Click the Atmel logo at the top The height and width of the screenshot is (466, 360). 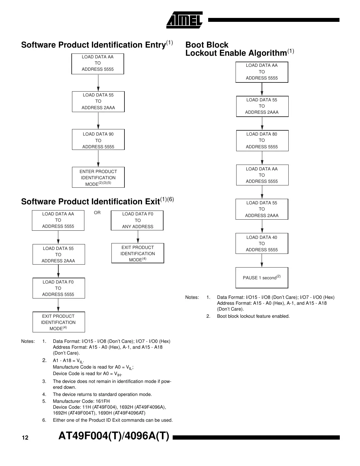click(x=184, y=20)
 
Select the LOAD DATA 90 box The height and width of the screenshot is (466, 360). click(x=98, y=140)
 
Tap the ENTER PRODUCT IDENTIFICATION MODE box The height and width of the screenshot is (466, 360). click(x=98, y=178)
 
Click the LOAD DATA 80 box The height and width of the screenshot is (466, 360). click(x=262, y=140)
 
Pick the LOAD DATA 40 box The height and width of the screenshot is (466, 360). click(x=262, y=243)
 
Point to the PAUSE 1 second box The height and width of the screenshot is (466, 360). click(x=262, y=278)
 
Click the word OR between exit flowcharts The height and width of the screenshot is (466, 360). click(x=97, y=213)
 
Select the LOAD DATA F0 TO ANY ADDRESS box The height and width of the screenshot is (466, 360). click(x=137, y=220)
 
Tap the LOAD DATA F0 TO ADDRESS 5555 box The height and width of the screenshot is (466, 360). click(x=58, y=288)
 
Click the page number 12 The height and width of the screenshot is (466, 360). click(x=25, y=438)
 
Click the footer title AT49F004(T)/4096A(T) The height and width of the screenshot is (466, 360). click(x=114, y=436)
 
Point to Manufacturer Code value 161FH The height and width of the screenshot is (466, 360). click(x=103, y=401)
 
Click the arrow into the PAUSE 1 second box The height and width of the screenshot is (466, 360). click(x=262, y=261)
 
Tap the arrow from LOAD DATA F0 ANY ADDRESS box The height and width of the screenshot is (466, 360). click(x=138, y=237)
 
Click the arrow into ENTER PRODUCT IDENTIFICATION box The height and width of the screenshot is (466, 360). click(x=98, y=159)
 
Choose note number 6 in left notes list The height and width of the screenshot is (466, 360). click(x=44, y=420)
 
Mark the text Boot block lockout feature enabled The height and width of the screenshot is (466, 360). click(x=253, y=316)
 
